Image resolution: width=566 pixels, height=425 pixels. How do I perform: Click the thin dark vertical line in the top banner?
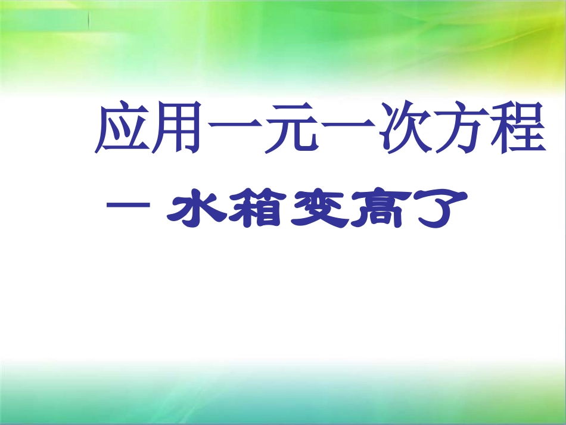click(x=89, y=21)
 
